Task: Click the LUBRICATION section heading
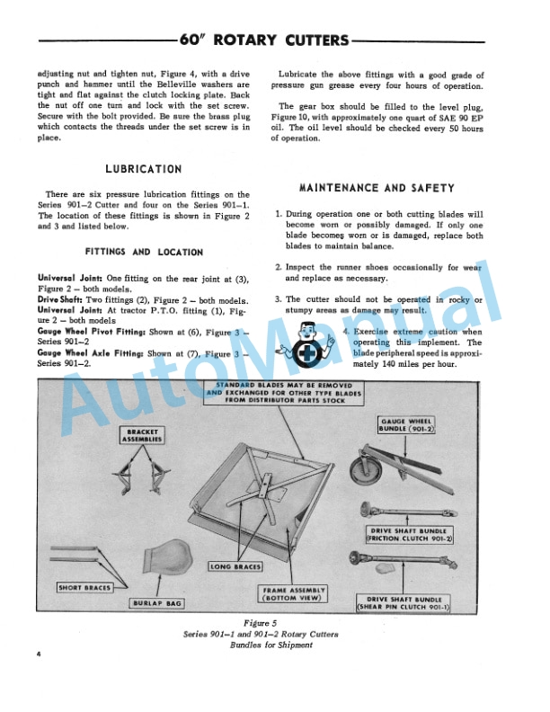point(143,168)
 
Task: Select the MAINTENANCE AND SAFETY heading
point(377,188)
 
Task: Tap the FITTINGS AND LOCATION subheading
point(144,253)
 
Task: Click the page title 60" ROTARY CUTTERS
point(263,40)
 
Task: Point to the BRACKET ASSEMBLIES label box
point(143,436)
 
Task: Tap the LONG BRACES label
point(236,567)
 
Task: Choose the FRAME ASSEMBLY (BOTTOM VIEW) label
point(294,593)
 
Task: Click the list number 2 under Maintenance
point(279,267)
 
